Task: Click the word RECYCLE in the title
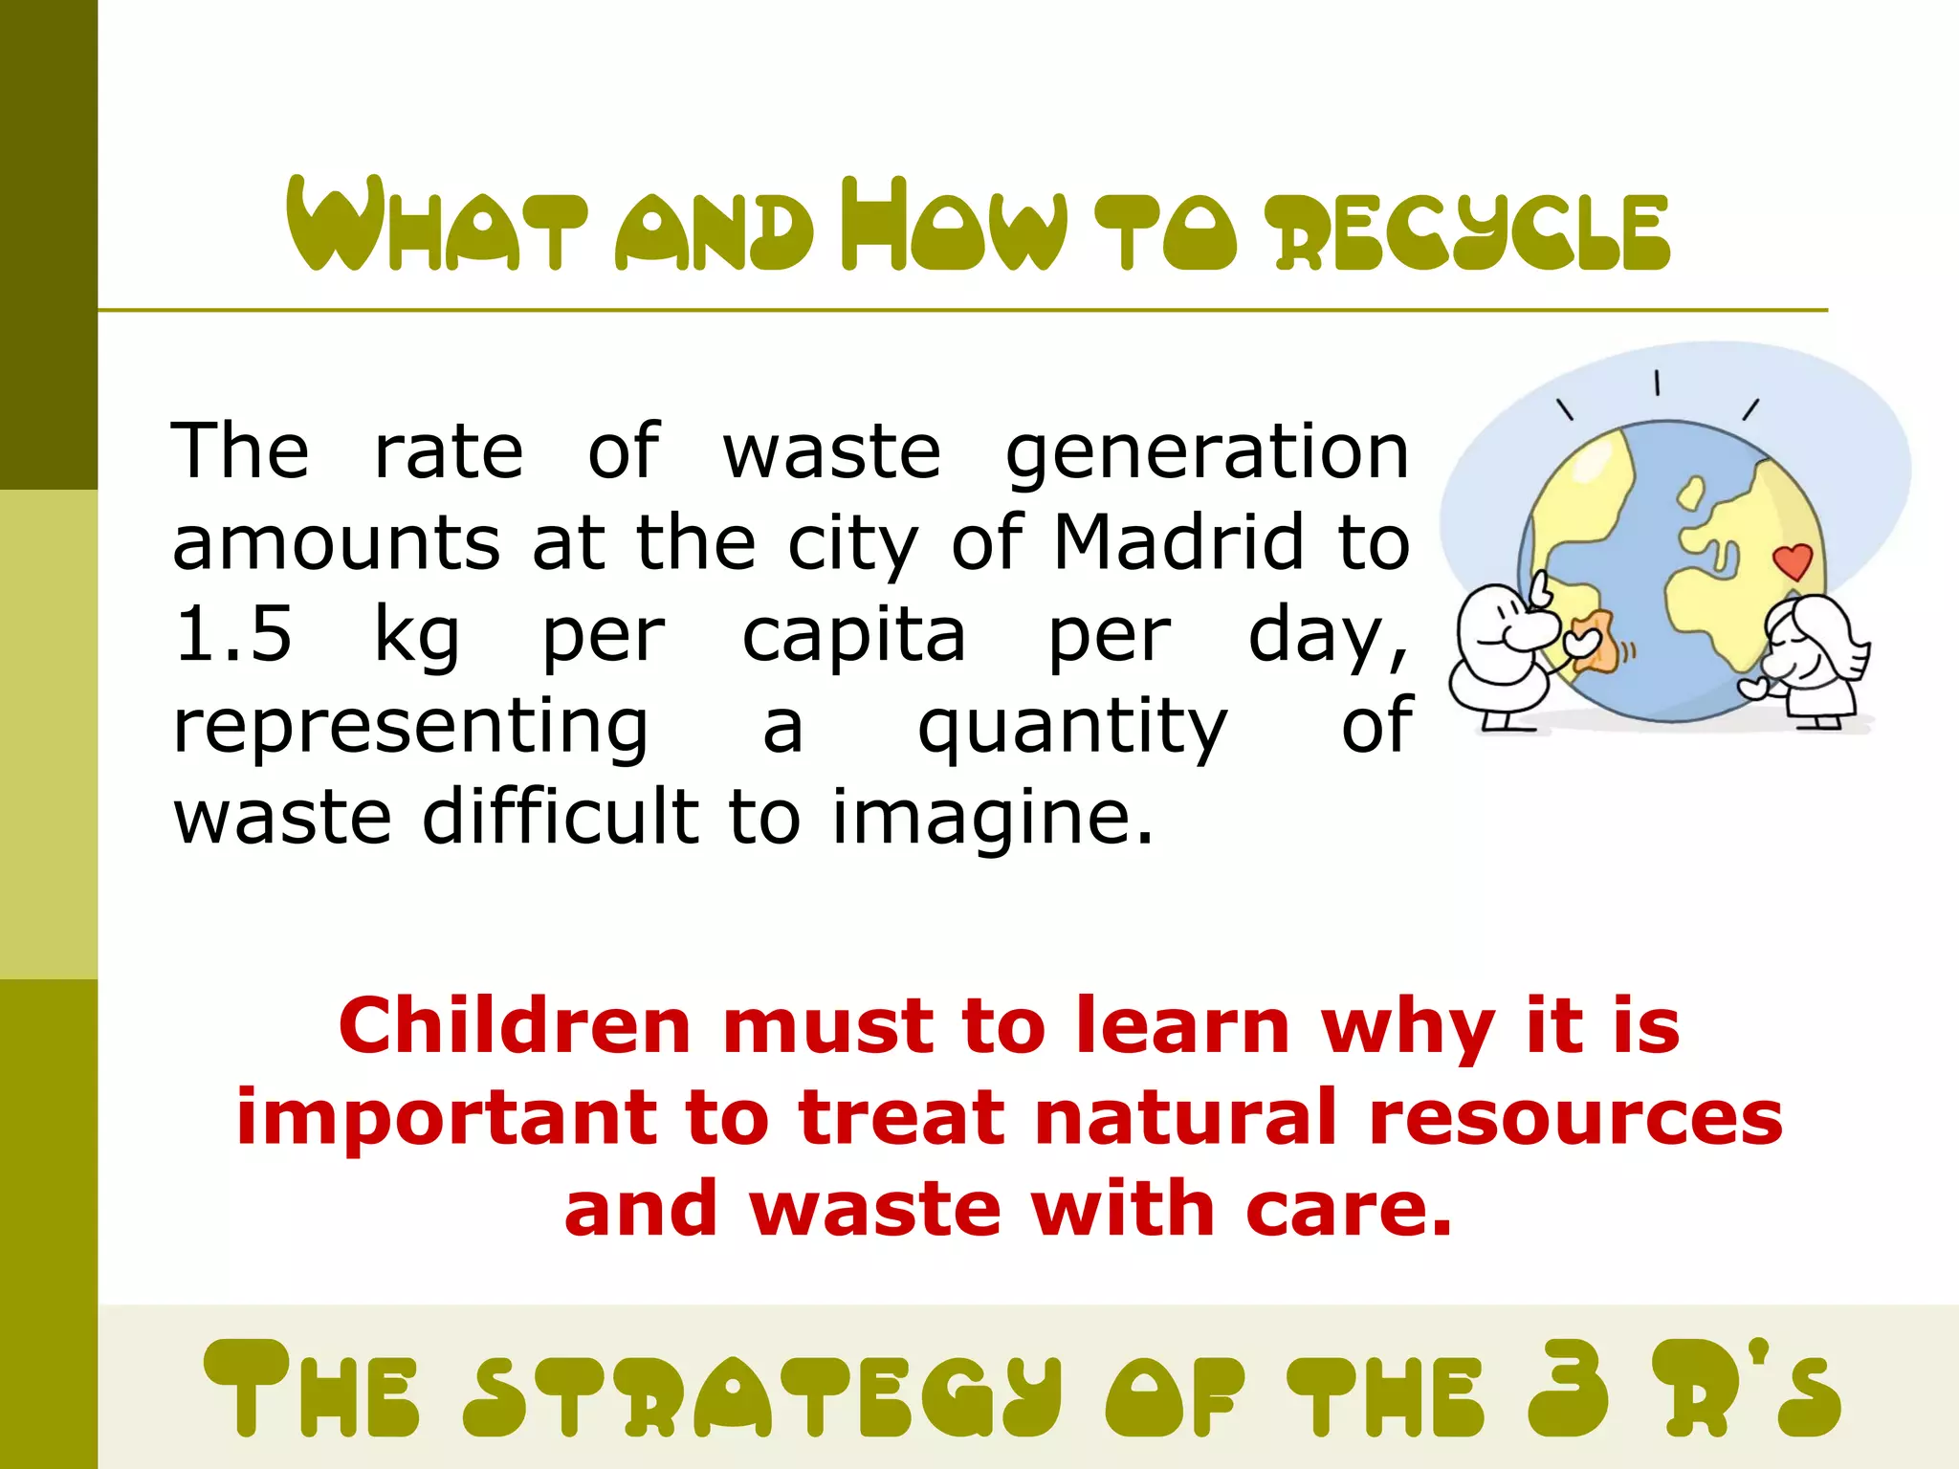pos(1472,231)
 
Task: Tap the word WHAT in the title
pos(436,226)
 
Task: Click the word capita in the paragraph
pos(853,635)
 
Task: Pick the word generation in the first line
pos(1207,451)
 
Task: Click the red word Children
pos(515,1026)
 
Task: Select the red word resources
pos(1575,1118)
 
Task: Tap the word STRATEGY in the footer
pos(762,1392)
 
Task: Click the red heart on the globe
pos(1793,560)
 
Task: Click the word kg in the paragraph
pos(416,635)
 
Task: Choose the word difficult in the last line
pos(561,819)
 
